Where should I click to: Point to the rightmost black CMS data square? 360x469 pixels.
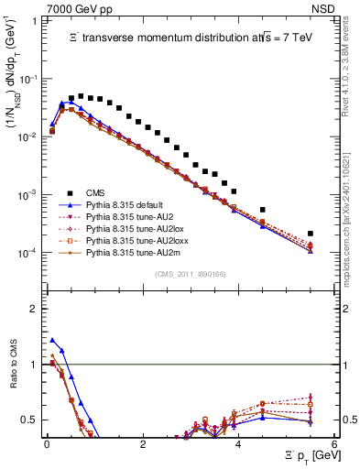coord(311,234)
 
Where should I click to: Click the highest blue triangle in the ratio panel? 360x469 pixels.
coord(52,340)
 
